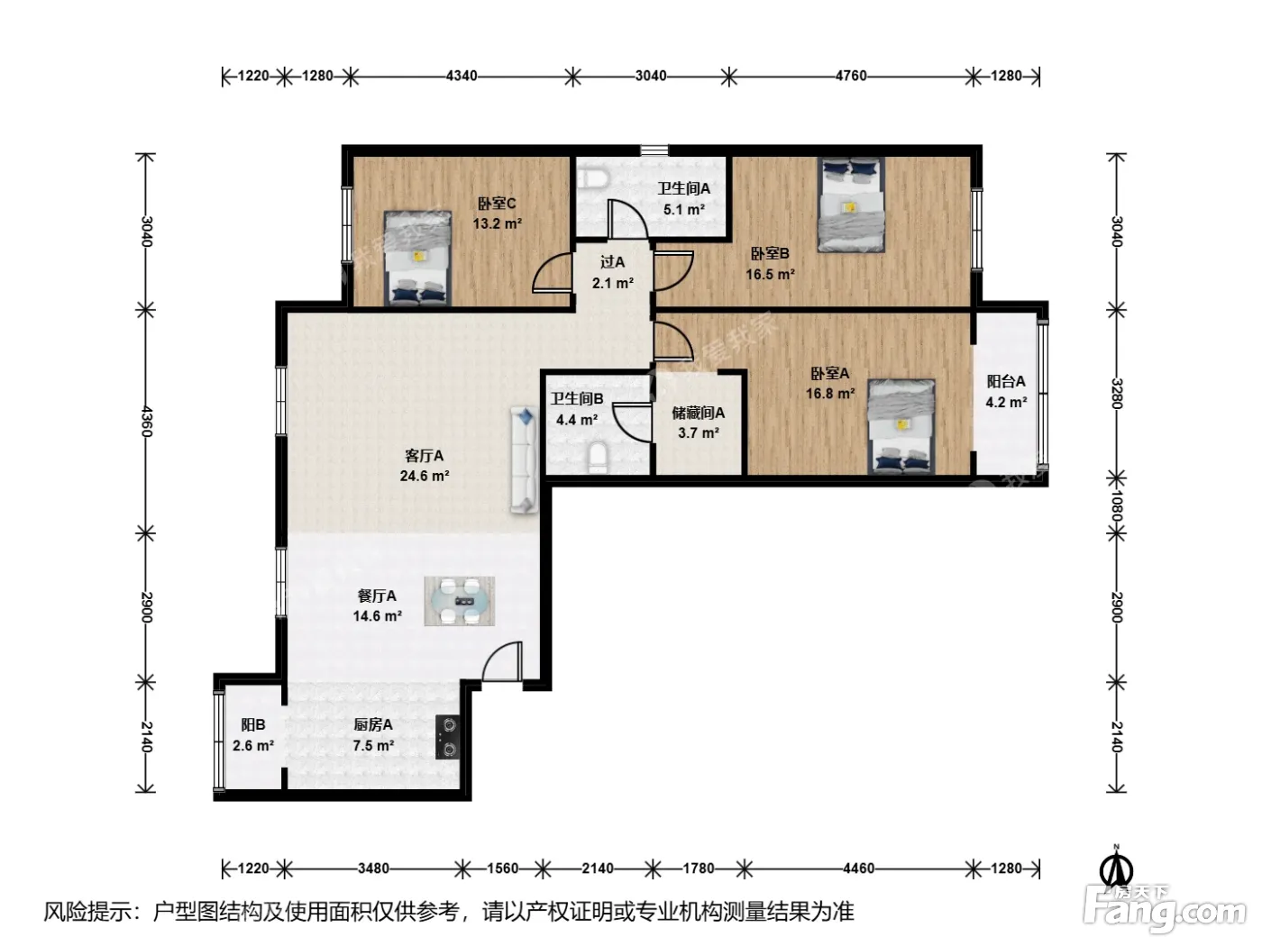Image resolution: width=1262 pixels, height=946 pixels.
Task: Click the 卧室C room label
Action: [497, 204]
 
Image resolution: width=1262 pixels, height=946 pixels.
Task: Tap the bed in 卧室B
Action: [851, 205]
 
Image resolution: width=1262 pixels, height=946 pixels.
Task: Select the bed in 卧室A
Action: [901, 427]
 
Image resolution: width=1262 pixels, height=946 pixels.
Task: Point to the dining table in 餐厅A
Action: [460, 601]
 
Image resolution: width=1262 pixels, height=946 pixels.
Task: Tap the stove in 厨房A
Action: [447, 737]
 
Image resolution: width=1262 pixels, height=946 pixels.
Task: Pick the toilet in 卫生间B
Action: [598, 458]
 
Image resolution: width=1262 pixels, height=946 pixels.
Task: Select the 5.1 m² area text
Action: [683, 210]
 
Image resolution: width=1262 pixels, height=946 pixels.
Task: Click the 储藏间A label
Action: [698, 413]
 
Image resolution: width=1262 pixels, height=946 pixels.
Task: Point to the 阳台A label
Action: [1006, 381]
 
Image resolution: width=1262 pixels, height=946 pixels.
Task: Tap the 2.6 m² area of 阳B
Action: [253, 746]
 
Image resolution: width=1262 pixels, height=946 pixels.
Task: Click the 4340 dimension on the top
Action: [462, 76]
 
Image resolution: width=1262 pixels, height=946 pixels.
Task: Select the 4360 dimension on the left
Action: [147, 422]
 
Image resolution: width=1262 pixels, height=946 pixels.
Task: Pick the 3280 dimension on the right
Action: [1115, 394]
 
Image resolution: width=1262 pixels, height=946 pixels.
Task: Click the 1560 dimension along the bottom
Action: [502, 869]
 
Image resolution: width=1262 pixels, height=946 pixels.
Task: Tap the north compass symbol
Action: [1116, 869]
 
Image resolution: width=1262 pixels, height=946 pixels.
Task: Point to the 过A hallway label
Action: [612, 262]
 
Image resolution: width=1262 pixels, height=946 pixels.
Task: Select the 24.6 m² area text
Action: [425, 476]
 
